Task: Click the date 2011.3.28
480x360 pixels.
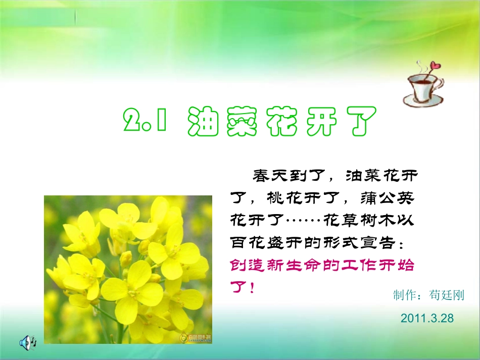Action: coord(427,318)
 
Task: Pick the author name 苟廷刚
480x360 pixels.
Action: coord(446,295)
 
